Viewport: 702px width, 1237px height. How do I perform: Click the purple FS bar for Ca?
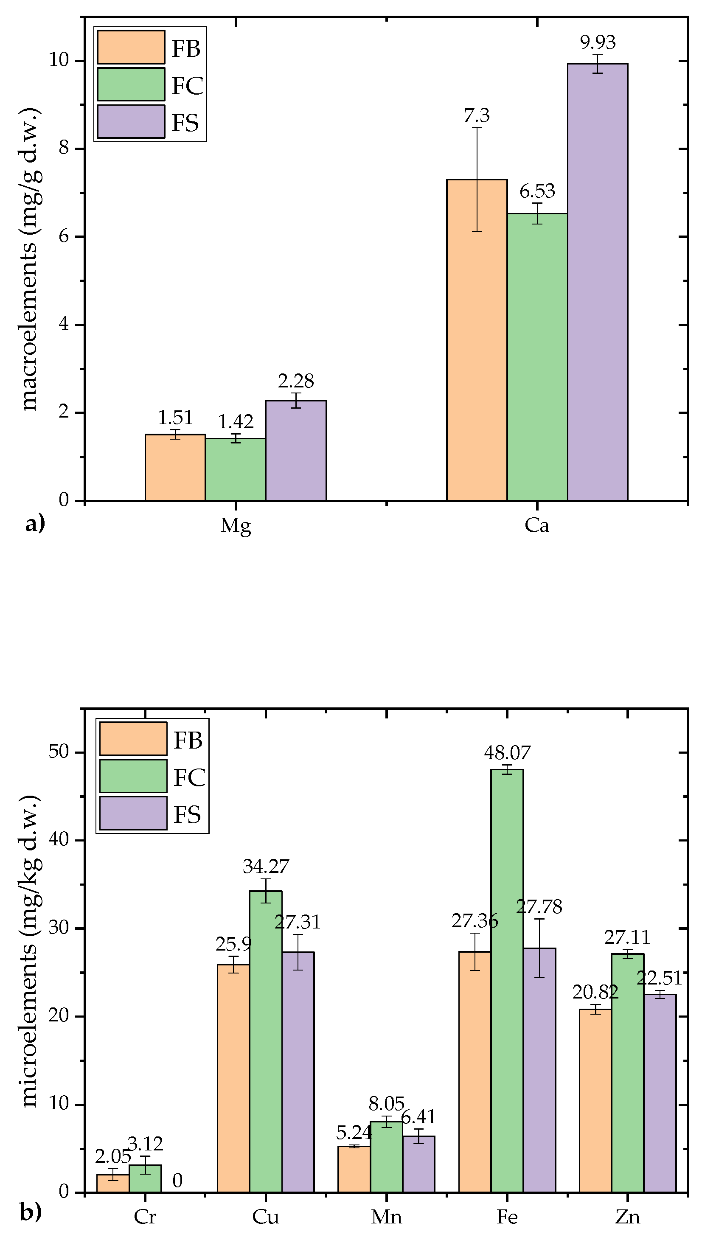pos(597,282)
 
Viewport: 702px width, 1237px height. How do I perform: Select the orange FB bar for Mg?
pos(175,467)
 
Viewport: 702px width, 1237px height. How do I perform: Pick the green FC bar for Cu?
pos(266,1041)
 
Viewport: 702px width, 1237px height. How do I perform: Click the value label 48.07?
pos(507,752)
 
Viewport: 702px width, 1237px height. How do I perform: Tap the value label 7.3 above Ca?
pos(477,116)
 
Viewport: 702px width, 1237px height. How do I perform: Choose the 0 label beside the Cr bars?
pos(177,1181)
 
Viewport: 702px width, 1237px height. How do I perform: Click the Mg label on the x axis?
pos(235,525)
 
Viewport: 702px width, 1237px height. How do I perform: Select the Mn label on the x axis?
pos(386,1217)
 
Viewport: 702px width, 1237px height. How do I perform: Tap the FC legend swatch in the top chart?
pos(131,84)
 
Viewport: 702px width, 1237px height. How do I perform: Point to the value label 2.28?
pos(295,381)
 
